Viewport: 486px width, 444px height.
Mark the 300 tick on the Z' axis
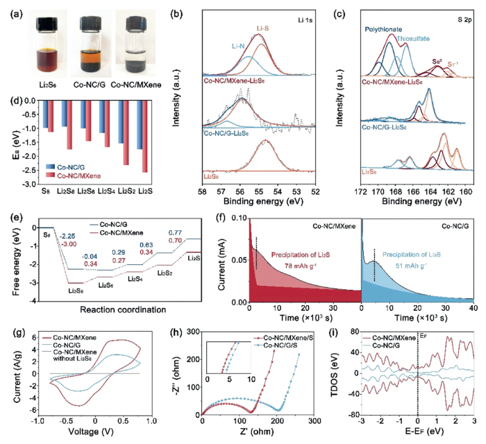click(314, 420)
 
